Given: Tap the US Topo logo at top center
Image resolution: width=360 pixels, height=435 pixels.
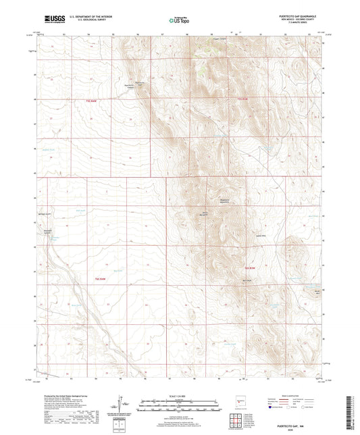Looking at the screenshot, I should pyautogui.click(x=180, y=20).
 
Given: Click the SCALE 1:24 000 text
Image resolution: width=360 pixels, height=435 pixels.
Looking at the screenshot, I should pyautogui.click(x=180, y=395).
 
